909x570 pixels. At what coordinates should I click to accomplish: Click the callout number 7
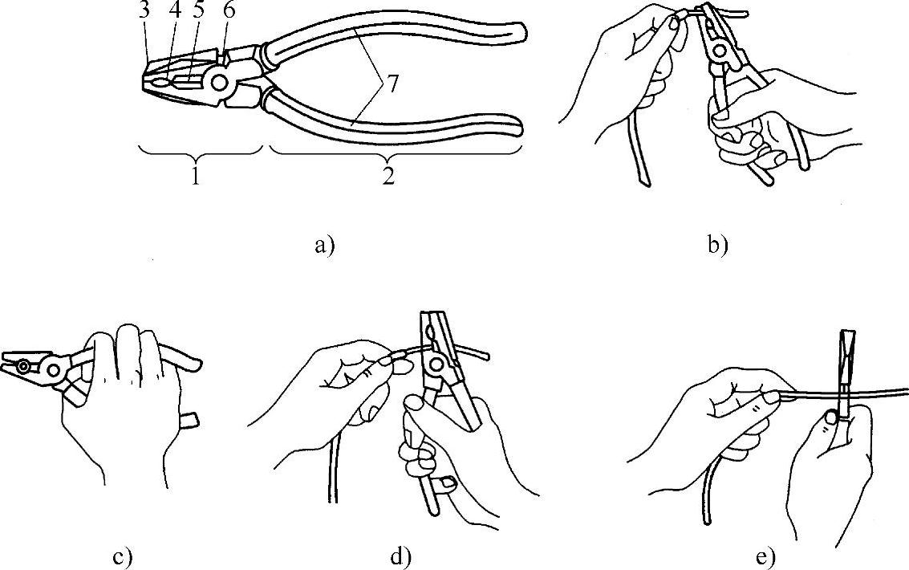click(391, 85)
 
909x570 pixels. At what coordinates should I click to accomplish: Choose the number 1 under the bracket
click(195, 177)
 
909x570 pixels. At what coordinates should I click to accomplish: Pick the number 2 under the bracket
click(388, 177)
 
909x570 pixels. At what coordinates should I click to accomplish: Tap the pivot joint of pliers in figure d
click(436, 366)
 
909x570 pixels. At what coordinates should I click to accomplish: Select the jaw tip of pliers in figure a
click(146, 81)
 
